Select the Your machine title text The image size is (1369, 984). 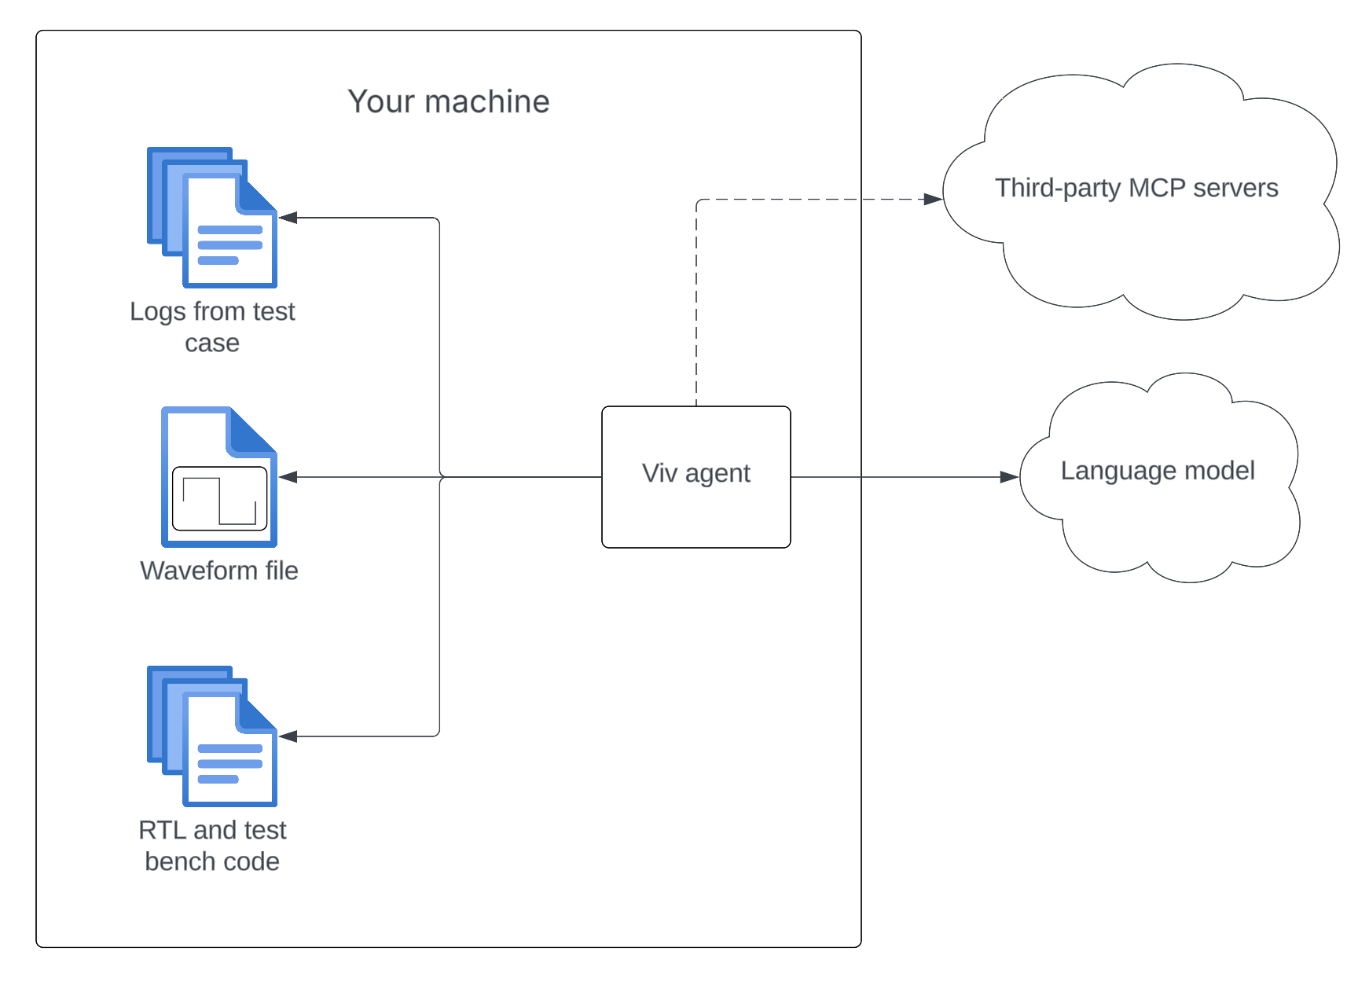tap(448, 101)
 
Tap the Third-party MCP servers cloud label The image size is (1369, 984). tap(1136, 188)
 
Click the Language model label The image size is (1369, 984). tap(1157, 470)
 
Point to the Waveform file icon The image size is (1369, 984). tap(218, 476)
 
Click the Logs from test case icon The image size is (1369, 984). tap(212, 218)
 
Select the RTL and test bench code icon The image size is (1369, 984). tap(212, 736)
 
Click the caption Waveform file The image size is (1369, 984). tap(218, 571)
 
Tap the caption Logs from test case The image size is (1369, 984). tap(212, 327)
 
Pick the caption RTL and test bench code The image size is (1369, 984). tap(212, 846)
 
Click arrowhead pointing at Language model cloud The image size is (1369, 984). tap(1009, 477)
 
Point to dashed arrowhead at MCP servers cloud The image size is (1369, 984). tap(933, 200)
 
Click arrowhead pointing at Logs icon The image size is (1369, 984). tap(288, 218)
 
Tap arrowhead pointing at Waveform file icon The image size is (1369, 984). tap(288, 477)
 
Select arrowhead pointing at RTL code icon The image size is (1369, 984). tap(288, 736)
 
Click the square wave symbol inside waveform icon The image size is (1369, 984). tap(219, 500)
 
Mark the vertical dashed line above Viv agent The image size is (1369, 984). tap(696, 314)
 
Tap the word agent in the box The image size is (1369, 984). tap(718, 474)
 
